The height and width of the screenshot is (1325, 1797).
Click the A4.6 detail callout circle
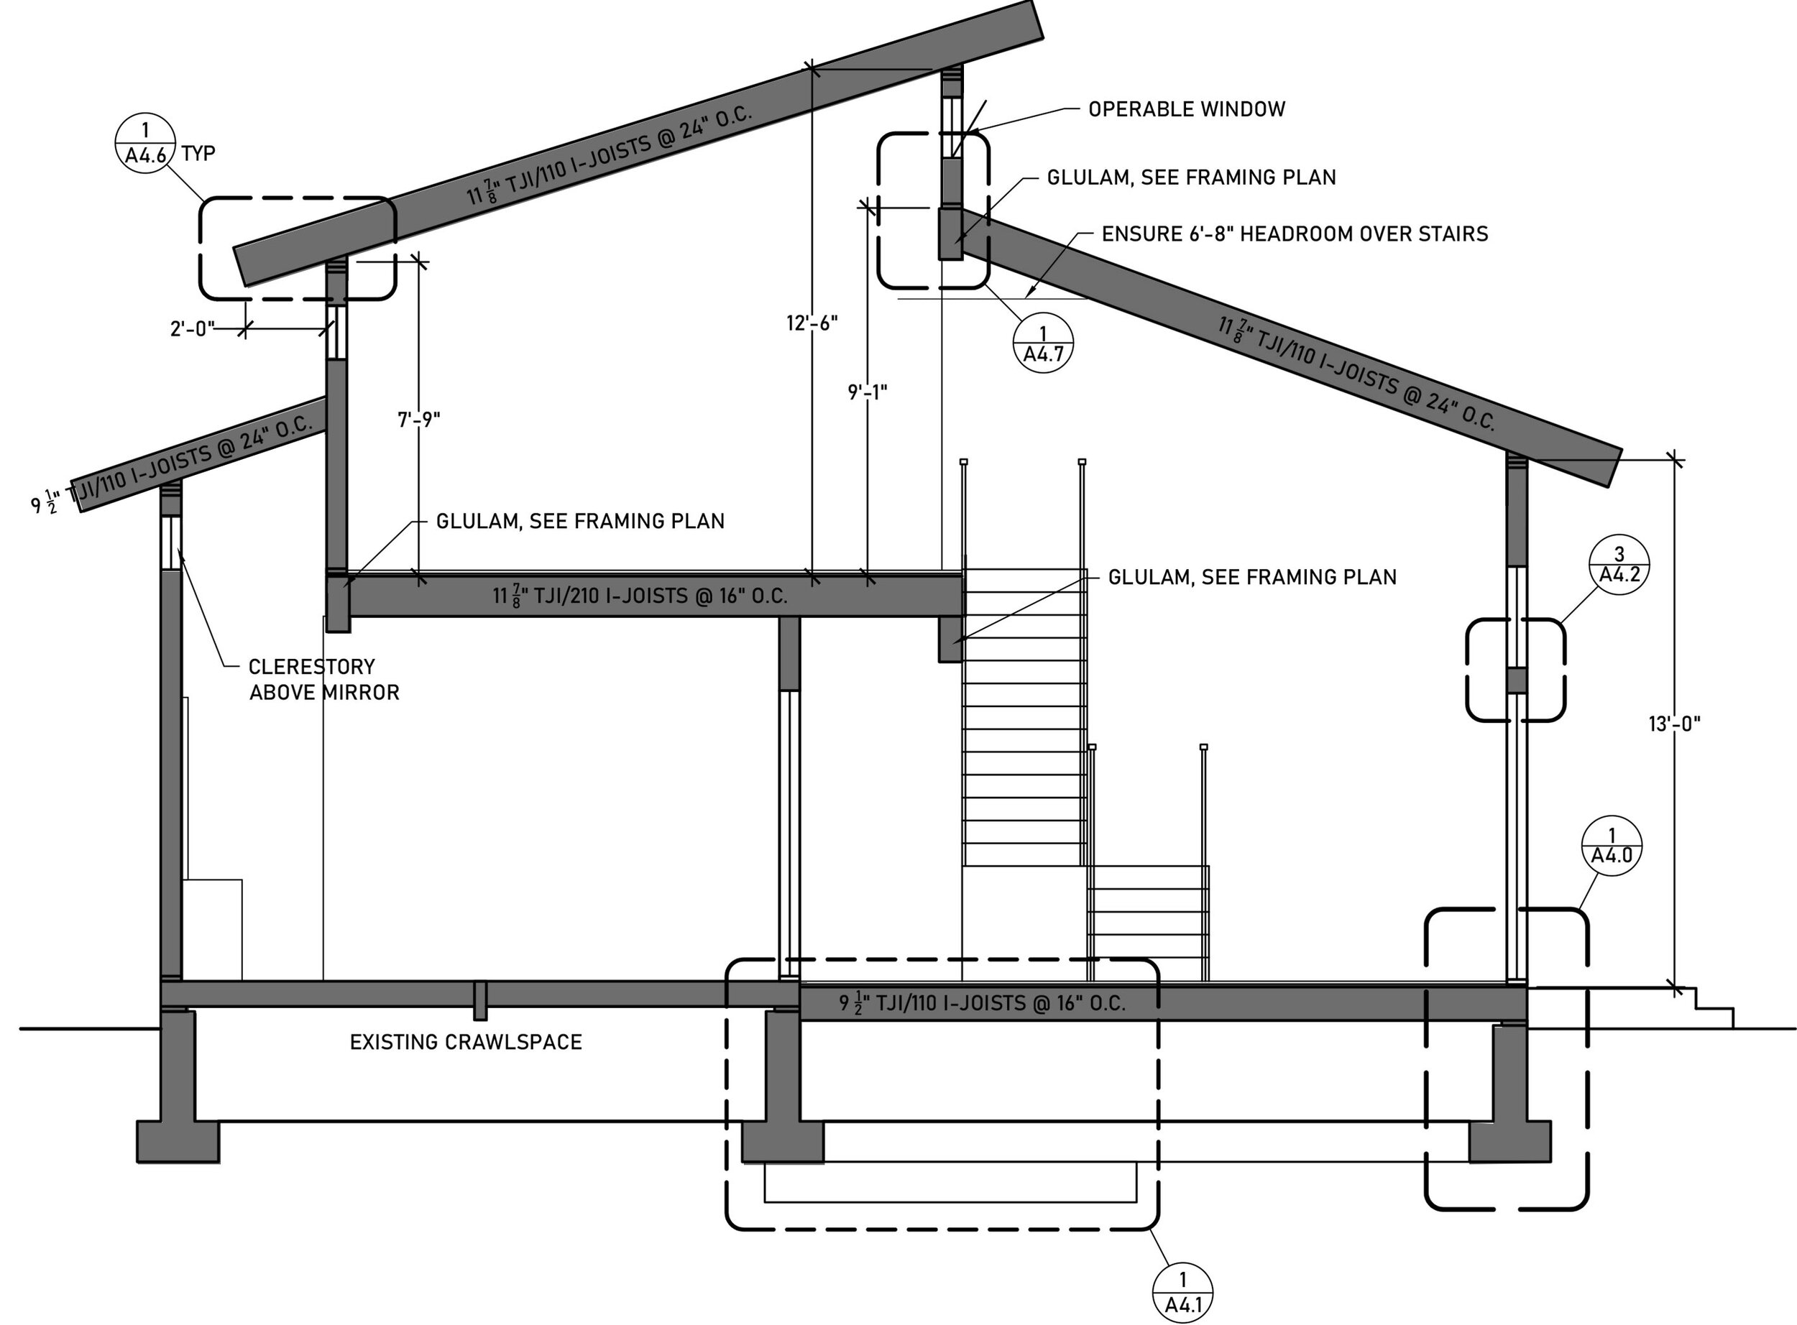tap(145, 142)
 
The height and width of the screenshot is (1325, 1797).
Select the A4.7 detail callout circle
tap(1043, 343)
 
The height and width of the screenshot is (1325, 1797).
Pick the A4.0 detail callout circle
tap(1612, 845)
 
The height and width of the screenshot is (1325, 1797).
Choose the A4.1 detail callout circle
tap(1182, 1293)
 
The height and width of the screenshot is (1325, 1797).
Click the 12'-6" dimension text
tap(812, 323)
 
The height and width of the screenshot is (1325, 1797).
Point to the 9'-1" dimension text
tap(867, 392)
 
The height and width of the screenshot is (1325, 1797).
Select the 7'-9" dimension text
tap(419, 420)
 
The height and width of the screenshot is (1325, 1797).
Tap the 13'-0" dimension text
tap(1674, 724)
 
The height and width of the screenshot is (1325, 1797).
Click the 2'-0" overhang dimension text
tap(193, 329)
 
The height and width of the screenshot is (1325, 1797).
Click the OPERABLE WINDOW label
tap(1187, 109)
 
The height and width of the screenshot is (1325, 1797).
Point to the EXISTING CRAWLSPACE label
tap(465, 1042)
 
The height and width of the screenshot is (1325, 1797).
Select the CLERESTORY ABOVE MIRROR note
tap(323, 679)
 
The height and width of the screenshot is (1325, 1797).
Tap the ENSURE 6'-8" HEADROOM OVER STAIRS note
tap(1294, 234)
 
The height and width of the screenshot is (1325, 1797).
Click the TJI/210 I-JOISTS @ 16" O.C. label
tap(640, 596)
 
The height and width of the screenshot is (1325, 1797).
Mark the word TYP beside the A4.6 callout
tap(198, 153)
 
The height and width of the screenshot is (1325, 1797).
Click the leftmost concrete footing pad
tap(178, 1140)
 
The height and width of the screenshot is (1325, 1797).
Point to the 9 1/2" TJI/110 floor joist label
tap(982, 1003)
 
